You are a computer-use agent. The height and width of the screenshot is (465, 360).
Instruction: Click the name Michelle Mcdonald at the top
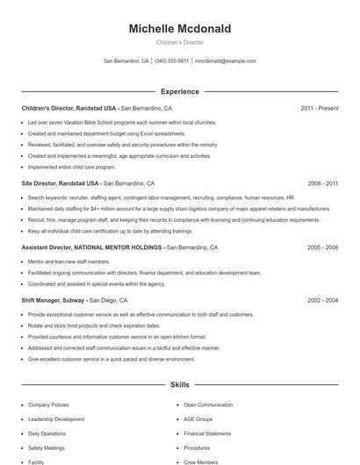(x=179, y=29)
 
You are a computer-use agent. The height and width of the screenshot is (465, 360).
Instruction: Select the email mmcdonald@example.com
(x=225, y=61)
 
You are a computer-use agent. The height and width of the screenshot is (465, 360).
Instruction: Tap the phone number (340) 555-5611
(x=171, y=61)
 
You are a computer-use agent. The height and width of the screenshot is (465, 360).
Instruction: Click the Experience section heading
(x=179, y=91)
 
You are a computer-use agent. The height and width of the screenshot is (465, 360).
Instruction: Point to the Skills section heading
(x=179, y=384)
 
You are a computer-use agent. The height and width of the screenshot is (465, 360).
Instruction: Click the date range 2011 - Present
(x=319, y=108)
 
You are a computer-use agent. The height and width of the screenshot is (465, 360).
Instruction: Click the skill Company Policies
(x=49, y=405)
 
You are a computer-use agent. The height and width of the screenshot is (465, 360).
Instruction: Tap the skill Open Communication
(x=208, y=405)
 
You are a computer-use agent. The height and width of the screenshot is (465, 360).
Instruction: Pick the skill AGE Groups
(x=198, y=419)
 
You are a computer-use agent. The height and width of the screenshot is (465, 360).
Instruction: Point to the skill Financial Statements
(x=207, y=433)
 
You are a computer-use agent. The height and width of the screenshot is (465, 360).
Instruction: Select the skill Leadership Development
(x=56, y=419)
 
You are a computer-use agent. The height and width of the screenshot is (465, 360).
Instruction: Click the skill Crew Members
(x=200, y=461)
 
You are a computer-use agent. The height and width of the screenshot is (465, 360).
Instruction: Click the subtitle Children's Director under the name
(x=179, y=43)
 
